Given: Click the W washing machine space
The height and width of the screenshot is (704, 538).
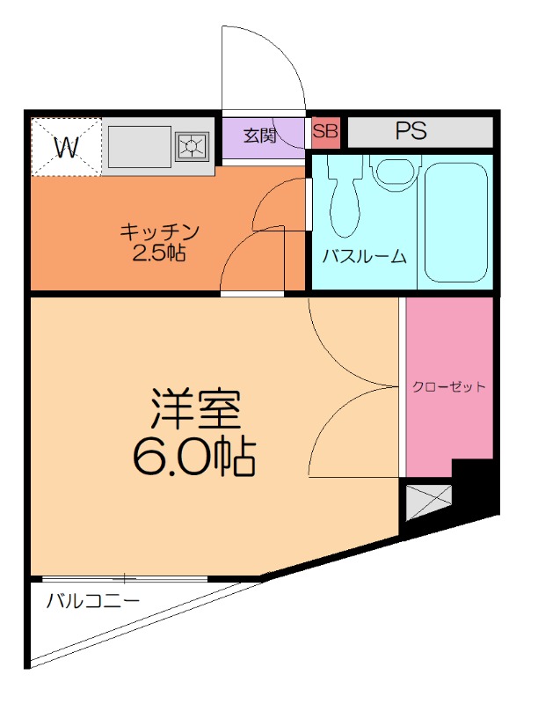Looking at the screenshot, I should (x=67, y=146).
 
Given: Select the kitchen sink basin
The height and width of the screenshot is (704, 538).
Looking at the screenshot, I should (x=138, y=145).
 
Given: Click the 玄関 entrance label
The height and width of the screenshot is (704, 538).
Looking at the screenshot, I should (x=260, y=136).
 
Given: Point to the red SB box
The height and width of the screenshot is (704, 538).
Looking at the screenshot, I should (x=325, y=132).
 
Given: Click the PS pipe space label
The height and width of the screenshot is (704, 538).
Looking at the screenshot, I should (x=411, y=132).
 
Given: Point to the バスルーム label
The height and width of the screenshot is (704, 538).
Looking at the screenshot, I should (x=364, y=257).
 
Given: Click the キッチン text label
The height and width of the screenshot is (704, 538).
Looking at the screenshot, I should (x=160, y=232).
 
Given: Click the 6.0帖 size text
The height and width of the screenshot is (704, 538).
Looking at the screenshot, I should (x=195, y=456).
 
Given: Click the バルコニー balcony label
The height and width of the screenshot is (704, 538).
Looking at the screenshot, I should (x=93, y=602).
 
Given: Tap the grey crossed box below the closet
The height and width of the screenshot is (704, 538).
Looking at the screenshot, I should (x=427, y=501).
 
